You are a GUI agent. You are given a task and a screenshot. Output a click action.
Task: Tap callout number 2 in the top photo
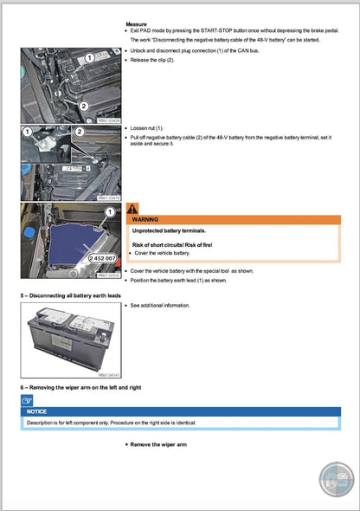click(x=84, y=105)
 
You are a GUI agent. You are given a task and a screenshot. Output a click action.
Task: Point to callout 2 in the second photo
click(x=79, y=133)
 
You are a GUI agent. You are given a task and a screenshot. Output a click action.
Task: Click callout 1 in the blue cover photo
click(x=110, y=212)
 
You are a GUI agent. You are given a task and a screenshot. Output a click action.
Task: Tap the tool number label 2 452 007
click(x=103, y=259)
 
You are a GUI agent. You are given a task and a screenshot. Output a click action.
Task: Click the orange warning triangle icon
click(x=132, y=208)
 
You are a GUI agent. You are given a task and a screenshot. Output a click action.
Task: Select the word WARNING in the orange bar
click(x=146, y=221)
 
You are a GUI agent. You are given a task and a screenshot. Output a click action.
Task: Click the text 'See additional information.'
click(x=160, y=306)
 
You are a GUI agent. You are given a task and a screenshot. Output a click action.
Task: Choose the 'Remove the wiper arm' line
click(x=157, y=444)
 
